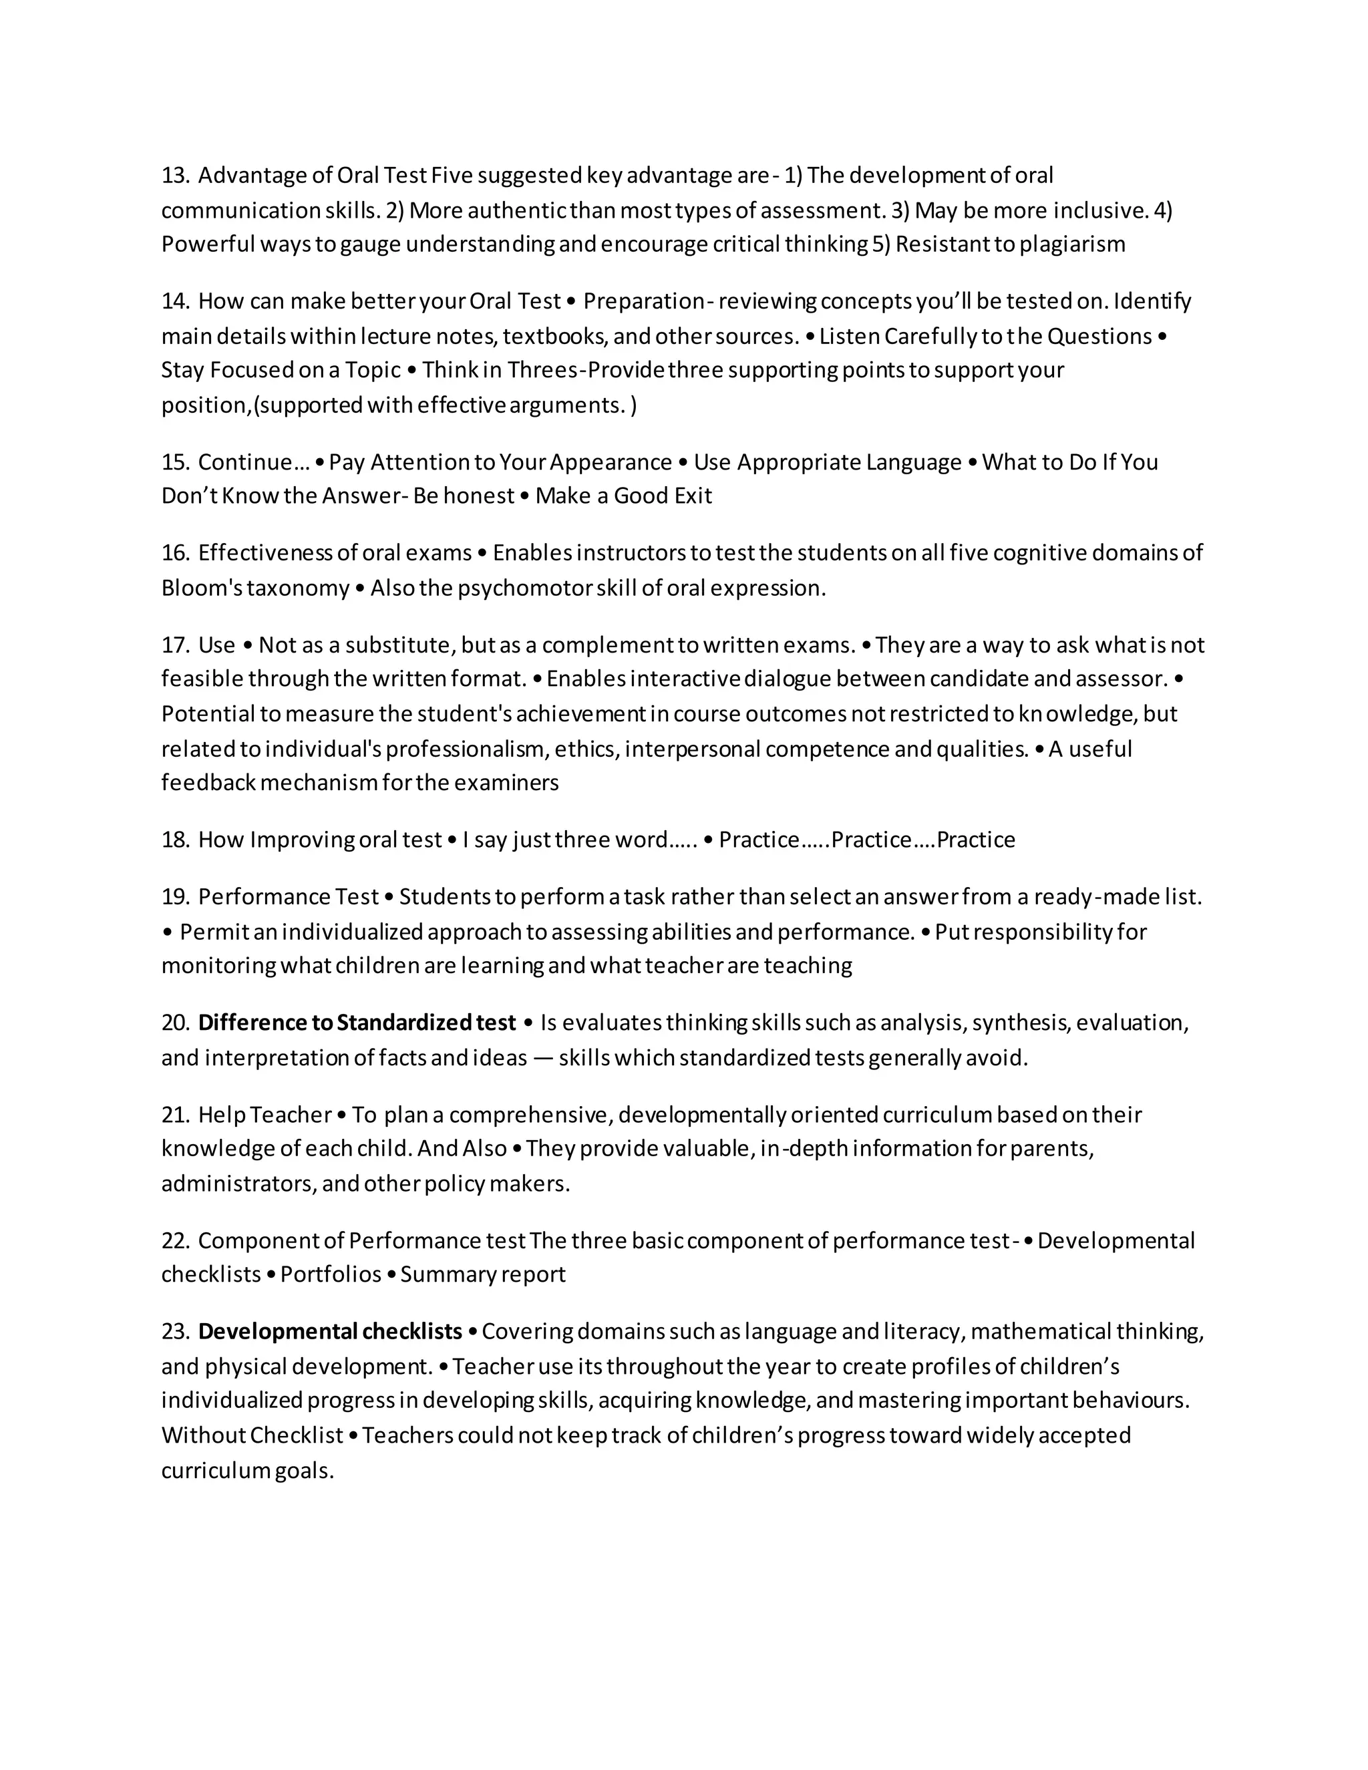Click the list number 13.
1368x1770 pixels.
coord(174,176)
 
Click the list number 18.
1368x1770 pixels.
coord(174,840)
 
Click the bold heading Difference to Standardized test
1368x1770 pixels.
coord(357,1023)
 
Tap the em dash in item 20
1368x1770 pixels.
coord(543,1059)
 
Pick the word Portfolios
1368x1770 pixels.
coord(331,1275)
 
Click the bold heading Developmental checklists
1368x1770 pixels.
coord(330,1332)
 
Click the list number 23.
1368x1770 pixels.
coord(174,1332)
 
